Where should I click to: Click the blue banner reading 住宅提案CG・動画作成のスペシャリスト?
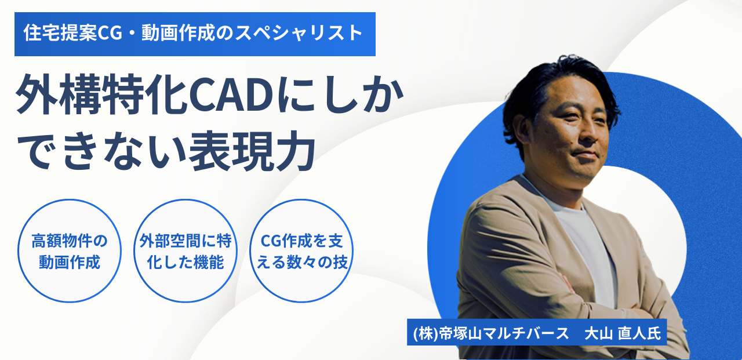click(x=195, y=34)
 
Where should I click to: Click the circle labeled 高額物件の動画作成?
click(x=70, y=250)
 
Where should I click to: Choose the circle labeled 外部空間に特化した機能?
click(x=185, y=250)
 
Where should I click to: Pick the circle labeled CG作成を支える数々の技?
click(x=301, y=250)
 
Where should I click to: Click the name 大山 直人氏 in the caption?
click(x=623, y=333)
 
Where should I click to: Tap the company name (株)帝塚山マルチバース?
click(x=491, y=333)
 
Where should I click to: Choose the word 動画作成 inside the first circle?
click(x=70, y=262)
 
